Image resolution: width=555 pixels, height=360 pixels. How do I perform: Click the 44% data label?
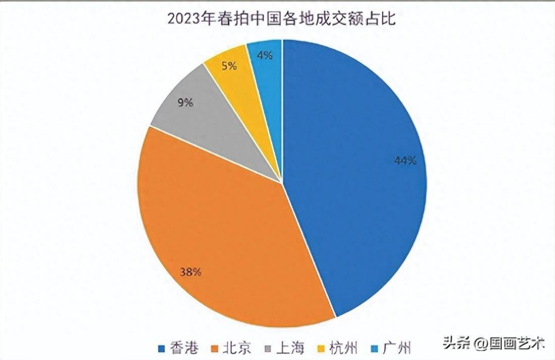tap(404, 161)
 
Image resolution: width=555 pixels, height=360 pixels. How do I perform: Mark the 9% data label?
tap(186, 103)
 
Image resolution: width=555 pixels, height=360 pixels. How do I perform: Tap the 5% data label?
tap(229, 66)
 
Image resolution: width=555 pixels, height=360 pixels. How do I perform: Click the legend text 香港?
tap(185, 347)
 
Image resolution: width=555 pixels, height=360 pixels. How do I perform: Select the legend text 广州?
tap(398, 347)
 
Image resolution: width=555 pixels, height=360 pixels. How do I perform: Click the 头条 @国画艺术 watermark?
tap(494, 341)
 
